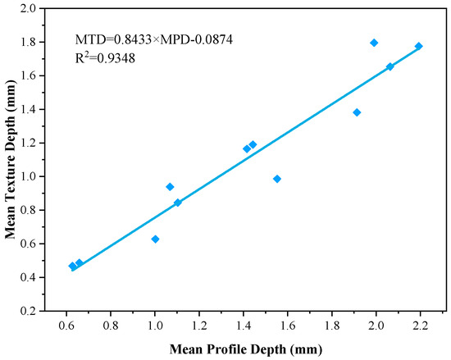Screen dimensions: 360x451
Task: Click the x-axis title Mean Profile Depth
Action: (246, 349)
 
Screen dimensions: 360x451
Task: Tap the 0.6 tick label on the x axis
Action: (66, 326)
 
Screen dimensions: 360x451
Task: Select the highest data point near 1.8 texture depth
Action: (374, 43)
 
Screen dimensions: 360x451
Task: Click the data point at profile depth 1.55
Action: (277, 179)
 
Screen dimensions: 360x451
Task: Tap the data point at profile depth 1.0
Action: (155, 239)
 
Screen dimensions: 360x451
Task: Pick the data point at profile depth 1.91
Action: (357, 112)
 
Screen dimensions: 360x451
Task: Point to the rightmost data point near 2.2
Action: (419, 46)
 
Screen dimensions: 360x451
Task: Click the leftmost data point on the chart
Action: (72, 266)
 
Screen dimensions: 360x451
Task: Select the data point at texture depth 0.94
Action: (170, 187)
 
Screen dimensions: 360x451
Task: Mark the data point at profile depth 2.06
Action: (389, 66)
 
